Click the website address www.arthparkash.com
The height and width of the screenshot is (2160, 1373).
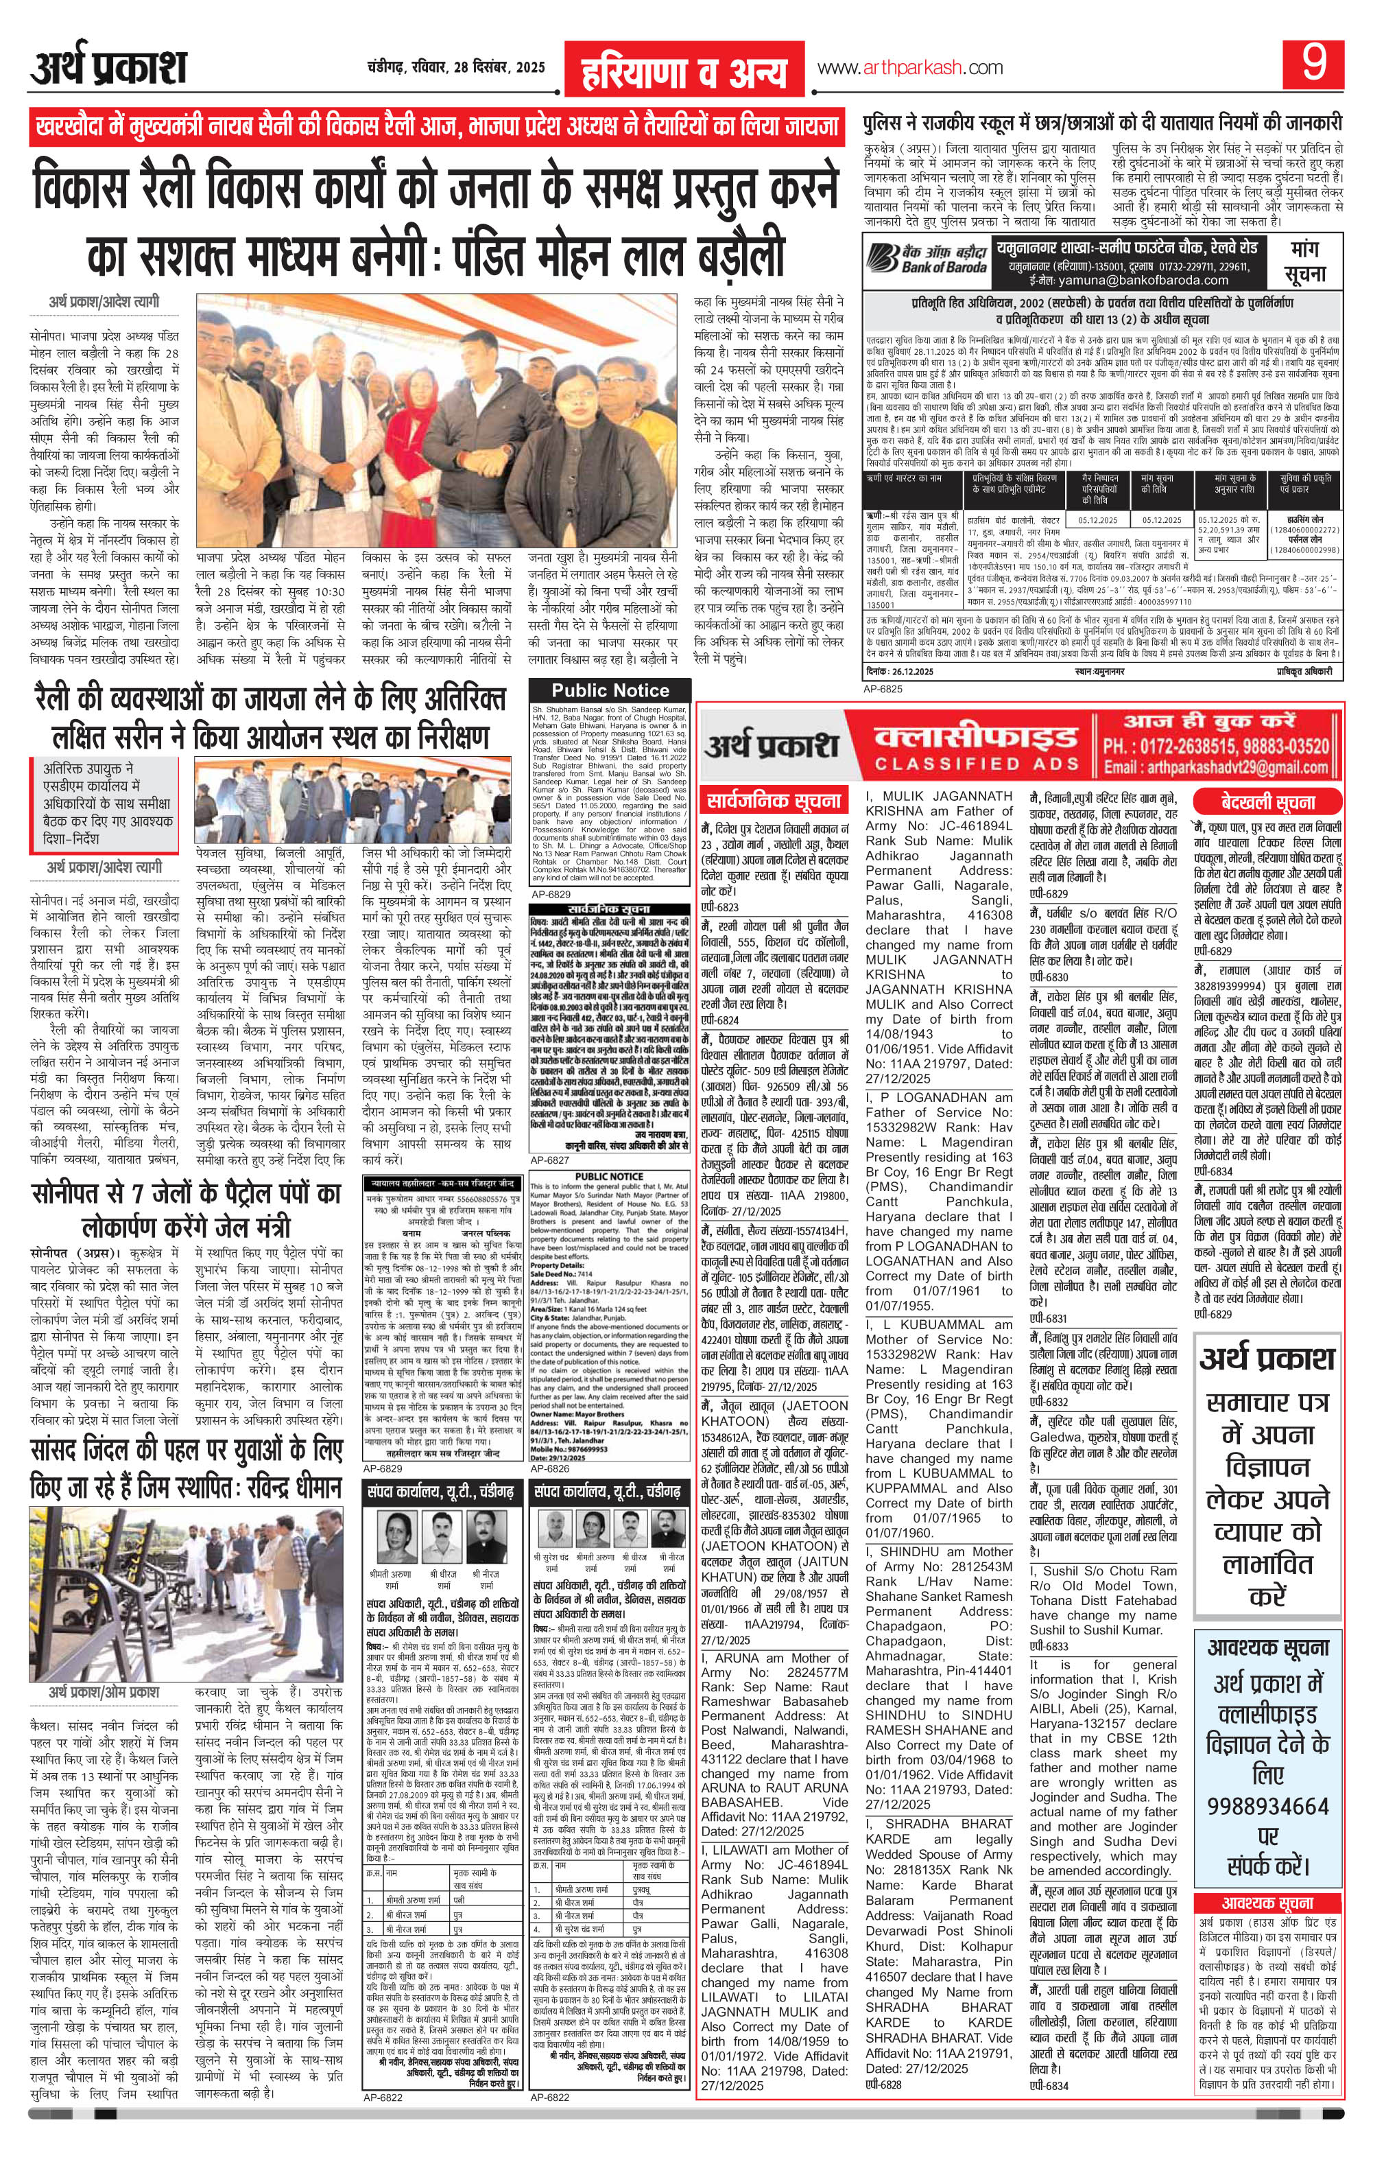(909, 68)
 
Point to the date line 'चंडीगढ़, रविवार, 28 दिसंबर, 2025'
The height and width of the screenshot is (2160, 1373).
(457, 67)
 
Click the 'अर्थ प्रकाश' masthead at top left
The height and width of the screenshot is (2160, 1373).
(108, 68)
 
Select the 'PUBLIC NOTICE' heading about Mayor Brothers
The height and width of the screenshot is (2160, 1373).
(610, 1175)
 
